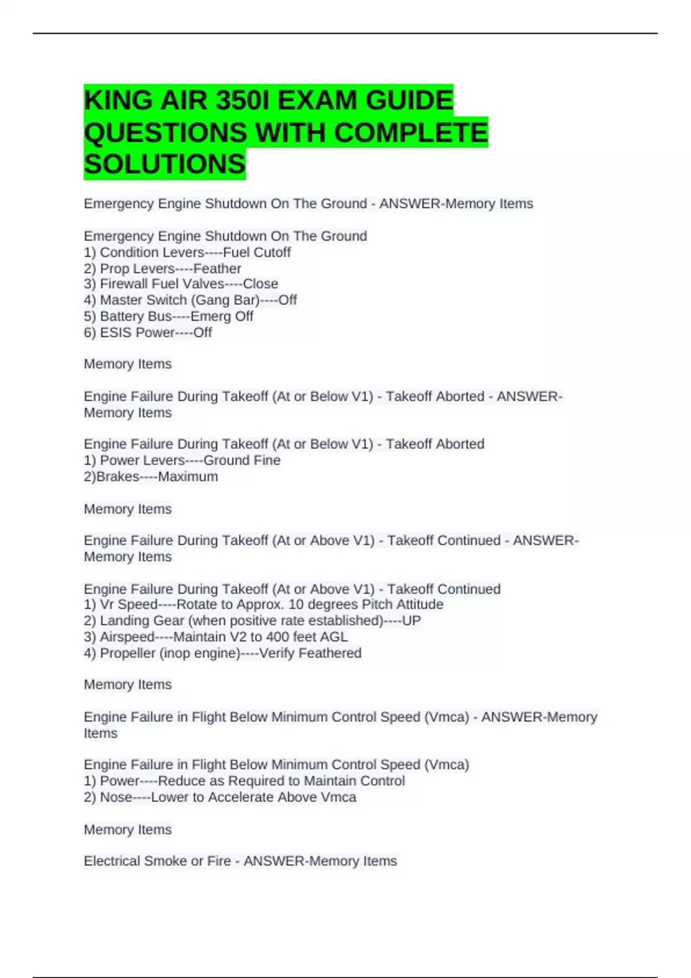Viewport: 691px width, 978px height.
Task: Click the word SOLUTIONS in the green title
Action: pos(165,165)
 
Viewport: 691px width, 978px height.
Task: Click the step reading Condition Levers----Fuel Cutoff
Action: pos(187,253)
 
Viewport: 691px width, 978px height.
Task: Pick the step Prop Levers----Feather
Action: pos(162,269)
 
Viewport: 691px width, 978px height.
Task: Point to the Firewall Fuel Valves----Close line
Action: pos(181,284)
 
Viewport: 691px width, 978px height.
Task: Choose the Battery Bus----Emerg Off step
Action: pos(168,316)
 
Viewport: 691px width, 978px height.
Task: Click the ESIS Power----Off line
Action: pos(148,333)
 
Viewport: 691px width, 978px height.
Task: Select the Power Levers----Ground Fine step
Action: pos(182,460)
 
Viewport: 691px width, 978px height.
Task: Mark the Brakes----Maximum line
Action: pos(151,477)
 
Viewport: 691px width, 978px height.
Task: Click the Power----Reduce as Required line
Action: pos(244,781)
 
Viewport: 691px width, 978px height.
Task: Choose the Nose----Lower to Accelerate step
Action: pos(220,797)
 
